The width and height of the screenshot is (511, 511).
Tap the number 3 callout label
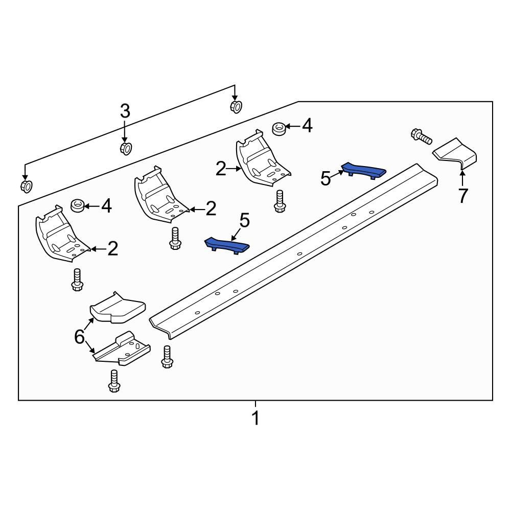click(125, 111)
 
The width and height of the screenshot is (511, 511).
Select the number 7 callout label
click(462, 196)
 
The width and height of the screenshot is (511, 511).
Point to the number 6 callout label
click(79, 337)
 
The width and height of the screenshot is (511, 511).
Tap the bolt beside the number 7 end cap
click(421, 136)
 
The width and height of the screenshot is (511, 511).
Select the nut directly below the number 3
click(125, 148)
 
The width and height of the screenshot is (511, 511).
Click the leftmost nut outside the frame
click(26, 186)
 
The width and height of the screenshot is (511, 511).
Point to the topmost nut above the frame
click(235, 107)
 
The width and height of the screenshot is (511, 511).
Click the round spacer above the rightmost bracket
click(279, 128)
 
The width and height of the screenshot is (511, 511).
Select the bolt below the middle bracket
click(175, 239)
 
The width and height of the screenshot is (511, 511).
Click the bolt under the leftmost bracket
click(77, 280)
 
